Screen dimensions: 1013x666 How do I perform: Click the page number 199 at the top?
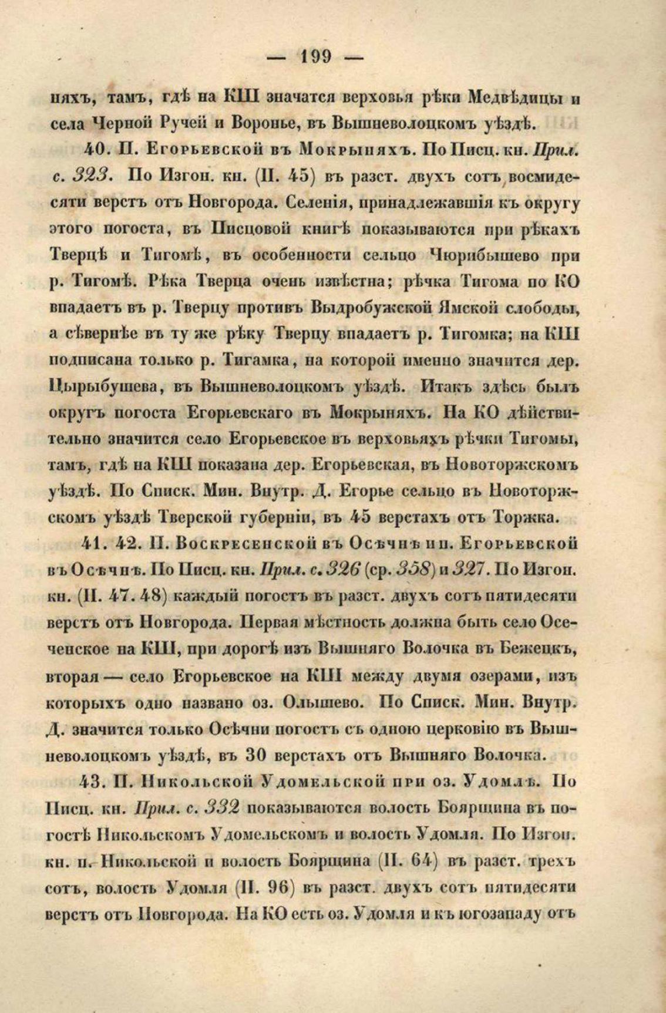316,57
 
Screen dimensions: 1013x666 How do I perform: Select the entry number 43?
96,780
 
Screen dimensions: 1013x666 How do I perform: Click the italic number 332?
219,807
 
